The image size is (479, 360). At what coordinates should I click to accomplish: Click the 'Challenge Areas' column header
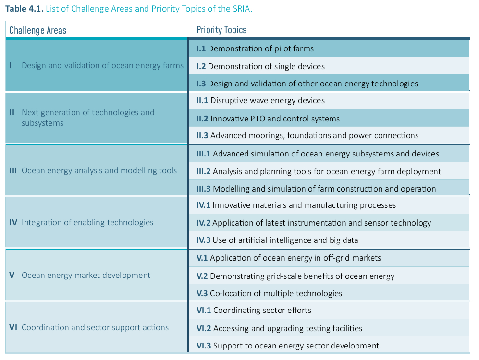coord(38,30)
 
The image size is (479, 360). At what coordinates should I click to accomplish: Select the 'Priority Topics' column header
coord(221,30)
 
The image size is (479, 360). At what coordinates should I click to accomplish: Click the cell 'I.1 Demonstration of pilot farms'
coord(255,48)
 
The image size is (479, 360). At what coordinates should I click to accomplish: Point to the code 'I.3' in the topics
coord(201,84)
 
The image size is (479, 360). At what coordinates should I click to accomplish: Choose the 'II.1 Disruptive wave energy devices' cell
coord(260,101)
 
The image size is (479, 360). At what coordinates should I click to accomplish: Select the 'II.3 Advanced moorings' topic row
coord(307,136)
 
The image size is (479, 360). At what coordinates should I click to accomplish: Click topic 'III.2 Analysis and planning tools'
coord(319,171)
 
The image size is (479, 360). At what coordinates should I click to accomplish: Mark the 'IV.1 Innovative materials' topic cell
coord(296,205)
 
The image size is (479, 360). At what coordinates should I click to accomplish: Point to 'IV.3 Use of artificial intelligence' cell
coord(277,240)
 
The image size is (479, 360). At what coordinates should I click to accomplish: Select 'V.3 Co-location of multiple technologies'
coord(269,293)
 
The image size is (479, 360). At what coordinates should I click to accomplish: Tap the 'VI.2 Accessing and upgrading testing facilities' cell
coord(279,328)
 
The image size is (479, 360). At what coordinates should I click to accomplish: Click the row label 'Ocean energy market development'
coord(86,276)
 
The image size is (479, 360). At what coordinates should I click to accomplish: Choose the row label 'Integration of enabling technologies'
coord(87,223)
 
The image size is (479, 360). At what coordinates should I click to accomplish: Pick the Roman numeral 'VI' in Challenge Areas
coord(13,328)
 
